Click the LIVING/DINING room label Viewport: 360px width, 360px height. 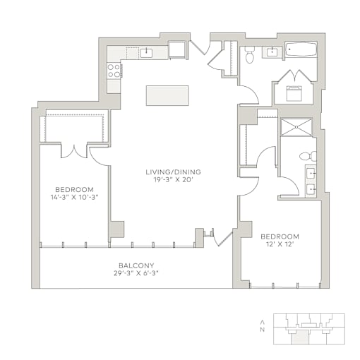click(x=174, y=172)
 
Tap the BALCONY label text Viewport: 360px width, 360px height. click(x=136, y=265)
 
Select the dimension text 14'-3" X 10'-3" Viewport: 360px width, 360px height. click(x=74, y=197)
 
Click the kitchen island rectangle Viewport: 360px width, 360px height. click(x=167, y=95)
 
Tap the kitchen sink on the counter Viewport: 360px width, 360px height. click(x=146, y=53)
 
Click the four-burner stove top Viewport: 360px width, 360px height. click(x=114, y=71)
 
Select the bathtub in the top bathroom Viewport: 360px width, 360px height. click(x=301, y=49)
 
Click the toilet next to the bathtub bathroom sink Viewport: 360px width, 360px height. click(x=249, y=55)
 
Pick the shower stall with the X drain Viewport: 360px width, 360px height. click(x=296, y=127)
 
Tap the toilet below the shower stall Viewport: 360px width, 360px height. click(x=308, y=156)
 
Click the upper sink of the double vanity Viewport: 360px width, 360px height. click(x=311, y=174)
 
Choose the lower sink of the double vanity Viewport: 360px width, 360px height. click(x=311, y=189)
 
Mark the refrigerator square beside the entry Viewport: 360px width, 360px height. click(x=177, y=49)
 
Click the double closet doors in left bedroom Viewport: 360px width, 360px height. click(x=74, y=152)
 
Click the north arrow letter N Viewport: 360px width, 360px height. click(x=262, y=330)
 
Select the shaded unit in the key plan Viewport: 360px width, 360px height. click(x=299, y=339)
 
